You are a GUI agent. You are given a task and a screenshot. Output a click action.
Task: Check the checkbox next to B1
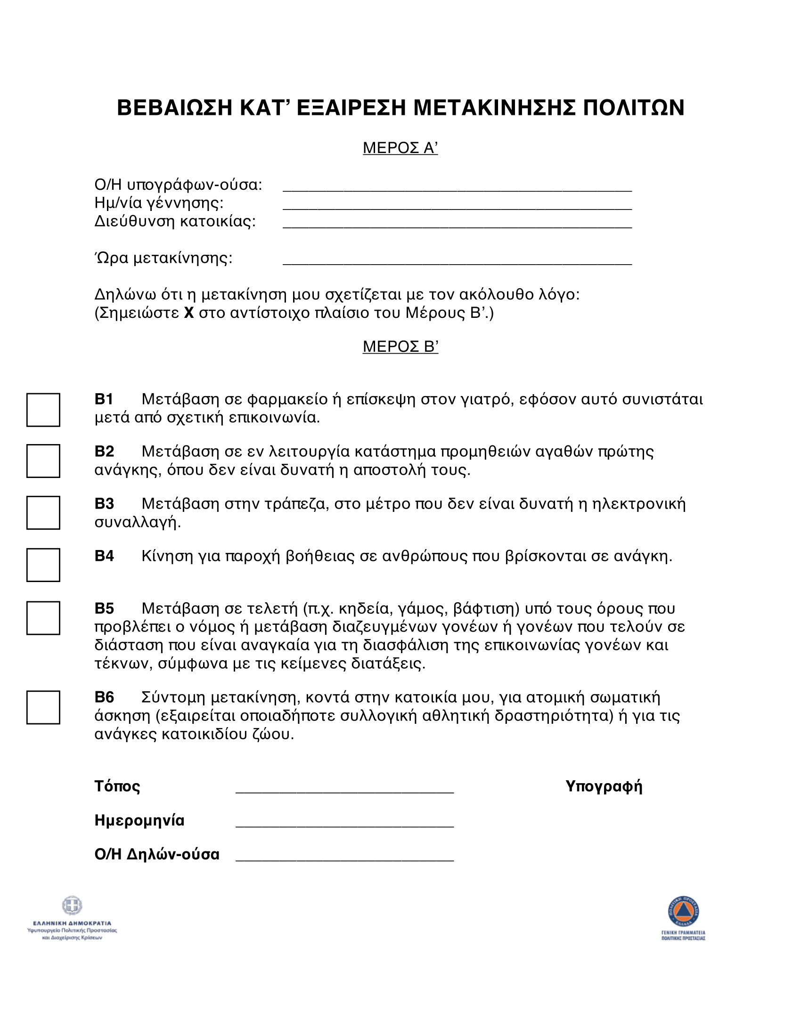(x=43, y=410)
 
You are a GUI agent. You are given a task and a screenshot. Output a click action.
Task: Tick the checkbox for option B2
(x=43, y=461)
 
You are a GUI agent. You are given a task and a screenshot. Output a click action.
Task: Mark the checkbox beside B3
(x=43, y=513)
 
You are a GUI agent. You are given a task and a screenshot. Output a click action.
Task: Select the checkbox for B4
(x=43, y=565)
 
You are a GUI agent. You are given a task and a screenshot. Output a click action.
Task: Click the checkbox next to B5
(x=43, y=618)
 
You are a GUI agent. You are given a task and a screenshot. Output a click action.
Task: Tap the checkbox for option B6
(x=43, y=707)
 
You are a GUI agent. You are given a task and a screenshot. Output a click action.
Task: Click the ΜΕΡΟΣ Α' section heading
(x=400, y=148)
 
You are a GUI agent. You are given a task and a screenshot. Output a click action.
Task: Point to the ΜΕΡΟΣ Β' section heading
(x=400, y=347)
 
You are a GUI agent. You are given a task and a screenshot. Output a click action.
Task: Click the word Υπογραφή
(x=604, y=786)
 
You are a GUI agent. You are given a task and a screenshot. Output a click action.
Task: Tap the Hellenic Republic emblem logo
(x=72, y=906)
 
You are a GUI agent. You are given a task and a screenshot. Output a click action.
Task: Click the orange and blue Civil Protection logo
(x=683, y=911)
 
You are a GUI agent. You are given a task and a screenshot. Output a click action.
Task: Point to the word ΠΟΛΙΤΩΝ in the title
(x=633, y=108)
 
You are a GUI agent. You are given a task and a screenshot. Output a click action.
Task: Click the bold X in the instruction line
(x=189, y=314)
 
